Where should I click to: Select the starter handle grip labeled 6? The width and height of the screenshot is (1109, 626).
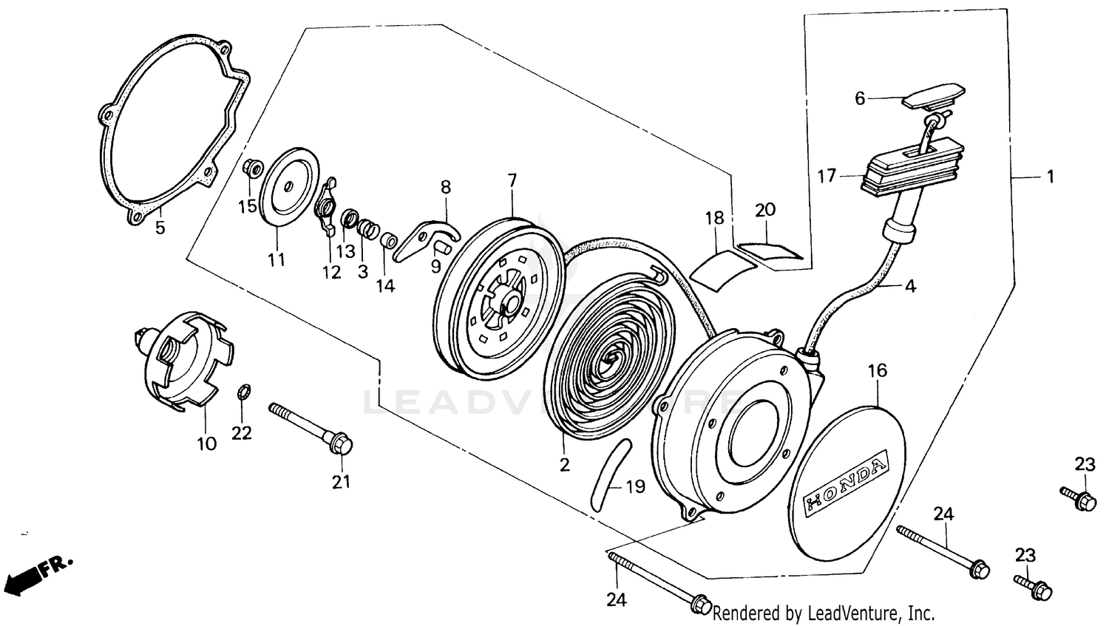[933, 96]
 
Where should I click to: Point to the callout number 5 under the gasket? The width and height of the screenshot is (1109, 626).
[160, 227]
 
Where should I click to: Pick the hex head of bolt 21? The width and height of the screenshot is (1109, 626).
[342, 445]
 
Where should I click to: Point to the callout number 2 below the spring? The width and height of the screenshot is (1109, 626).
[565, 465]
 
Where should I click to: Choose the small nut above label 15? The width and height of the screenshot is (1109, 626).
[252, 169]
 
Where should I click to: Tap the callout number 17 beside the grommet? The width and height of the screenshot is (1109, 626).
[827, 176]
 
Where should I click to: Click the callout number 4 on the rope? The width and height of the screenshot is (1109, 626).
[910, 286]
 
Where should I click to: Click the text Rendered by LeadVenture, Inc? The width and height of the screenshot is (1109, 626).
[823, 613]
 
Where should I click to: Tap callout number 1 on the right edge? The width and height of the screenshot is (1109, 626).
[1050, 177]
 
